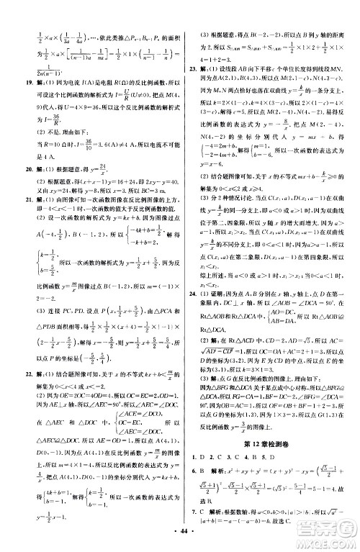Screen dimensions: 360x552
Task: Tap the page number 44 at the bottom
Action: (x=179, y=540)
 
